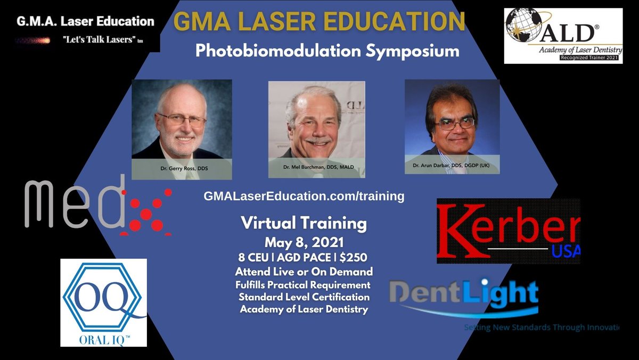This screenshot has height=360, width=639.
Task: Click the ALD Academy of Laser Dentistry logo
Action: (x=563, y=36)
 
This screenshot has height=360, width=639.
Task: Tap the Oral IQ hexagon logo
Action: (x=103, y=302)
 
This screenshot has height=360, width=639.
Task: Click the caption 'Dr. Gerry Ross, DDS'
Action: (x=181, y=168)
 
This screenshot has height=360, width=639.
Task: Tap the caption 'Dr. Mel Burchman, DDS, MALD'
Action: (x=316, y=167)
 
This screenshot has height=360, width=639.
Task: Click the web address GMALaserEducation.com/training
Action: (x=304, y=196)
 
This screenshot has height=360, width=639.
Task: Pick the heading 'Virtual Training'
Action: (x=304, y=224)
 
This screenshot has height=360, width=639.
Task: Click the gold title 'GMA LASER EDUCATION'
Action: (x=319, y=22)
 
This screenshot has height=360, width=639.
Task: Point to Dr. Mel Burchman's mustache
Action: (x=318, y=141)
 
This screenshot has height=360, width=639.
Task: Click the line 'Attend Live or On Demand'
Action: (x=304, y=271)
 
